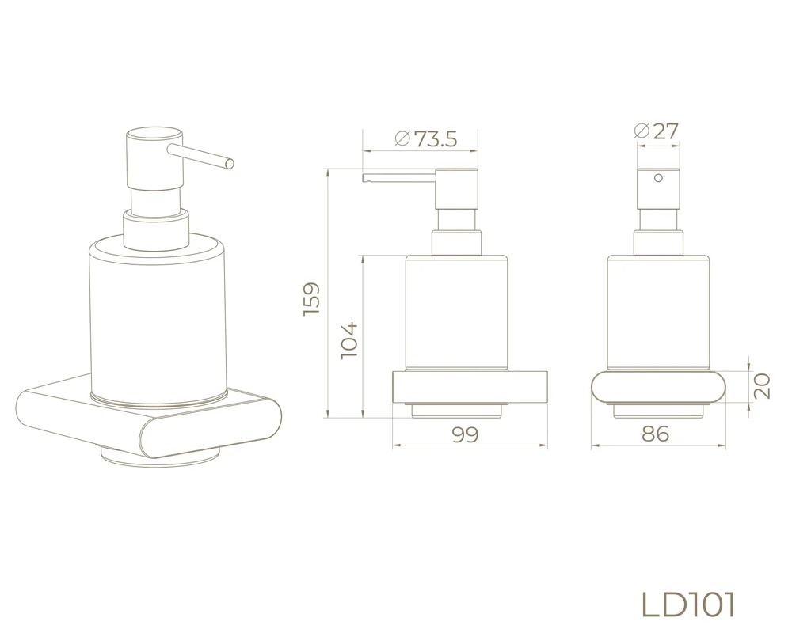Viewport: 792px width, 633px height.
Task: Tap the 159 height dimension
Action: coord(311,299)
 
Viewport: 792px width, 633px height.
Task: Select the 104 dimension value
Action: coord(349,340)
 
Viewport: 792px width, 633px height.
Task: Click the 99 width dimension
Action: coord(465,434)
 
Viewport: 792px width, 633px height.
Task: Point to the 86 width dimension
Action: coord(655,434)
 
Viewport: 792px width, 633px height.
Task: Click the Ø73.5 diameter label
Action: coord(426,138)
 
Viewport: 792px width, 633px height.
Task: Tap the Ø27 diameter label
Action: coord(656,131)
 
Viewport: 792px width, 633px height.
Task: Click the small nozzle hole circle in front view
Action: coord(658,178)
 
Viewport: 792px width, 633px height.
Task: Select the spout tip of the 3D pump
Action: coord(230,164)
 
